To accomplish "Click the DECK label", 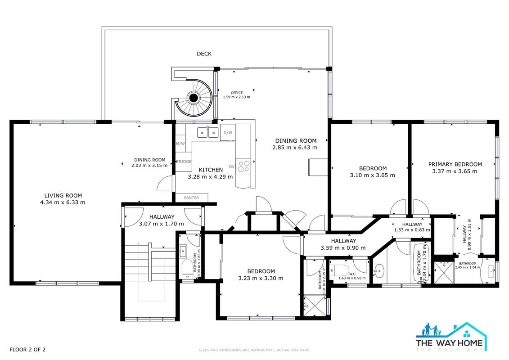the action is click(204, 54).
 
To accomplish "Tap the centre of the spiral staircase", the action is click(194, 97).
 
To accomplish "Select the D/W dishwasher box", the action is click(228, 132).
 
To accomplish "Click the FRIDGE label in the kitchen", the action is click(184, 162).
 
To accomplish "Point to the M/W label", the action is click(180, 144).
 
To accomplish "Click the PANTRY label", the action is click(192, 198).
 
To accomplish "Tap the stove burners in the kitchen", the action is click(243, 166).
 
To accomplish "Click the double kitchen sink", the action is click(208, 133).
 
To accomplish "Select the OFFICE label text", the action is click(237, 93).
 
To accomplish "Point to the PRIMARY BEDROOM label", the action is click(455, 164).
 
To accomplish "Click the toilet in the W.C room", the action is click(339, 270).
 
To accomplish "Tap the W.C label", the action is click(352, 274).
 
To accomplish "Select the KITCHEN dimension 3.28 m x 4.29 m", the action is click(210, 177).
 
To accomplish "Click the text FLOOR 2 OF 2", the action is click(27, 350).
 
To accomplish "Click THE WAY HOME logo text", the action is click(449, 342).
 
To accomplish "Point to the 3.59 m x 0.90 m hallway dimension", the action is click(343, 248).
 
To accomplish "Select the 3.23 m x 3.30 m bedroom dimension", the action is click(261, 278).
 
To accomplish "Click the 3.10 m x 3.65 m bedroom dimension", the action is click(372, 175).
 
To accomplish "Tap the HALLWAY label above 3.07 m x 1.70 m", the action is click(162, 217).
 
